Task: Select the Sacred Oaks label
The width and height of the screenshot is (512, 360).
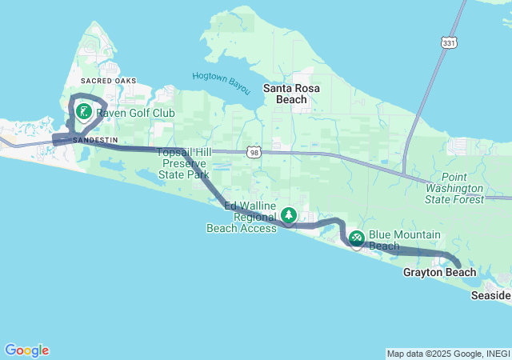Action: pyautogui.click(x=109, y=82)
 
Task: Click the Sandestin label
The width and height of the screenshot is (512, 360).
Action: pyautogui.click(x=95, y=139)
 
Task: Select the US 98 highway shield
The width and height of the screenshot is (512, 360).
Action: pyautogui.click(x=254, y=151)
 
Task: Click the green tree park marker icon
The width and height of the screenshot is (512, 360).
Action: pyautogui.click(x=289, y=215)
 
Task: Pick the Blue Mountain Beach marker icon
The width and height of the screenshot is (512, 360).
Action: pyautogui.click(x=356, y=237)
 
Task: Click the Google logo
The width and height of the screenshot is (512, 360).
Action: pyautogui.click(x=26, y=350)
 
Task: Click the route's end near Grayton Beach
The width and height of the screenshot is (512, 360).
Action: pyautogui.click(x=458, y=266)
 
